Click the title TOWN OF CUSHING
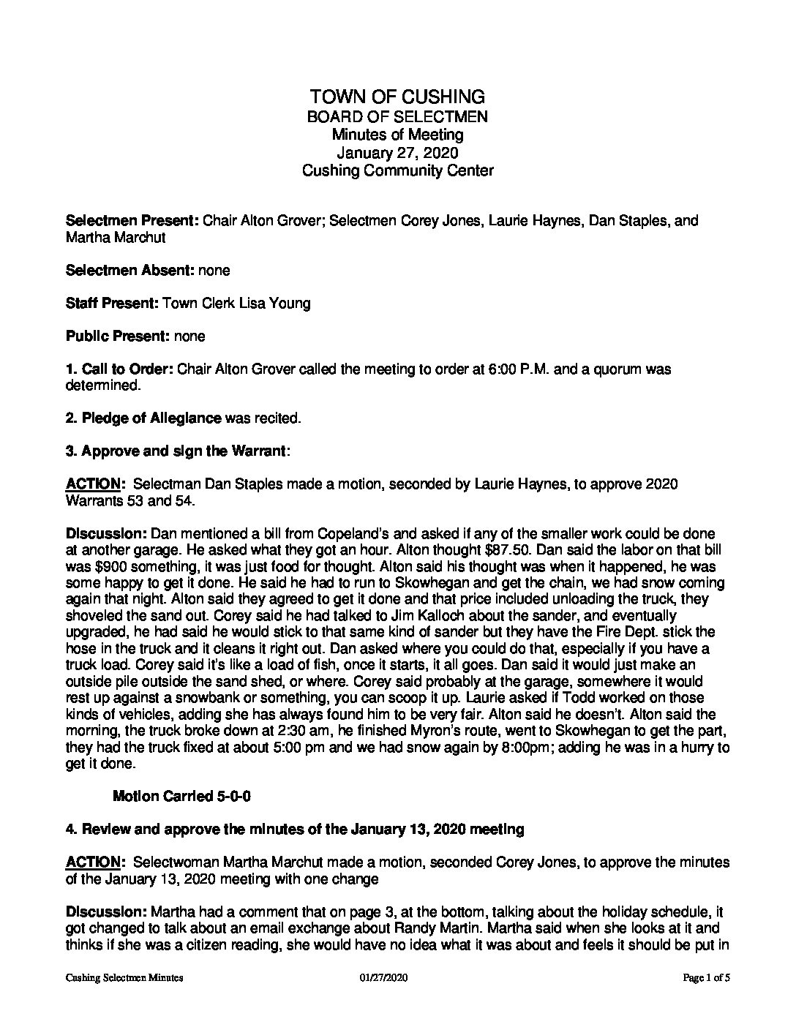(x=397, y=97)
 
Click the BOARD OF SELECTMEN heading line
(x=397, y=116)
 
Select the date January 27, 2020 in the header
(x=397, y=153)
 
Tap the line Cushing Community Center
(x=397, y=171)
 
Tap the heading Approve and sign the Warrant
(x=183, y=451)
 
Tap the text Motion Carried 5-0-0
(x=182, y=797)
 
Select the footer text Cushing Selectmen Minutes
(x=124, y=978)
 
